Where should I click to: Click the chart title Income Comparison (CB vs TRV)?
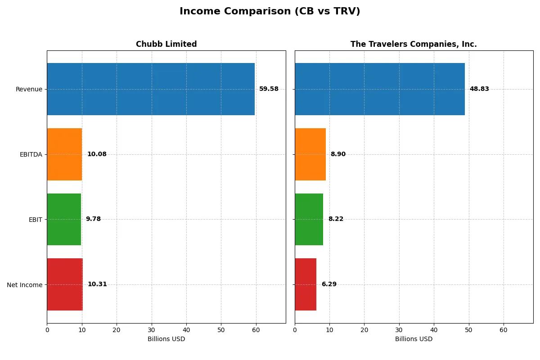point(270,12)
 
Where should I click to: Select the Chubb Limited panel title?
point(166,44)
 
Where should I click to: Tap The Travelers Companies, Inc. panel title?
point(414,44)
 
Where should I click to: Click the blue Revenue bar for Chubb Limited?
point(151,89)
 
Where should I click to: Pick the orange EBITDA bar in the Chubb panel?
point(64,154)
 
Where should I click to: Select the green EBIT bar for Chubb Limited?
point(64,219)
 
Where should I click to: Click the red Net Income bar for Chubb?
point(65,284)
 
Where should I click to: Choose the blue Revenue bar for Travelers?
point(380,89)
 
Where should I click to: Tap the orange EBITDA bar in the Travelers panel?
point(310,154)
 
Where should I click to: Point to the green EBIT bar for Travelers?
point(309,219)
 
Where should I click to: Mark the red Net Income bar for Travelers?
point(306,284)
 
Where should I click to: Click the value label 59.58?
point(269,89)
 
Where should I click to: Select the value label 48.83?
point(479,89)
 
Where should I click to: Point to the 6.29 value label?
point(329,284)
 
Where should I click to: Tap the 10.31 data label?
point(97,284)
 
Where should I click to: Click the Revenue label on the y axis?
point(29,89)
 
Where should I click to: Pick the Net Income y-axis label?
point(25,285)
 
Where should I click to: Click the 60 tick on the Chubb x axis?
point(256,330)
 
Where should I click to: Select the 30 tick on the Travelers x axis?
point(399,330)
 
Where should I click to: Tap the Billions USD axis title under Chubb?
point(166,339)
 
